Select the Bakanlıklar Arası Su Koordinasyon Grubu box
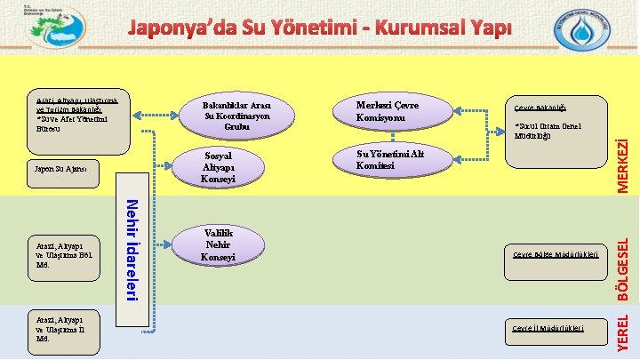(x=236, y=116)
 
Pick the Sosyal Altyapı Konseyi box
(x=219, y=166)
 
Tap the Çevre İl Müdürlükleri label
(x=548, y=328)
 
